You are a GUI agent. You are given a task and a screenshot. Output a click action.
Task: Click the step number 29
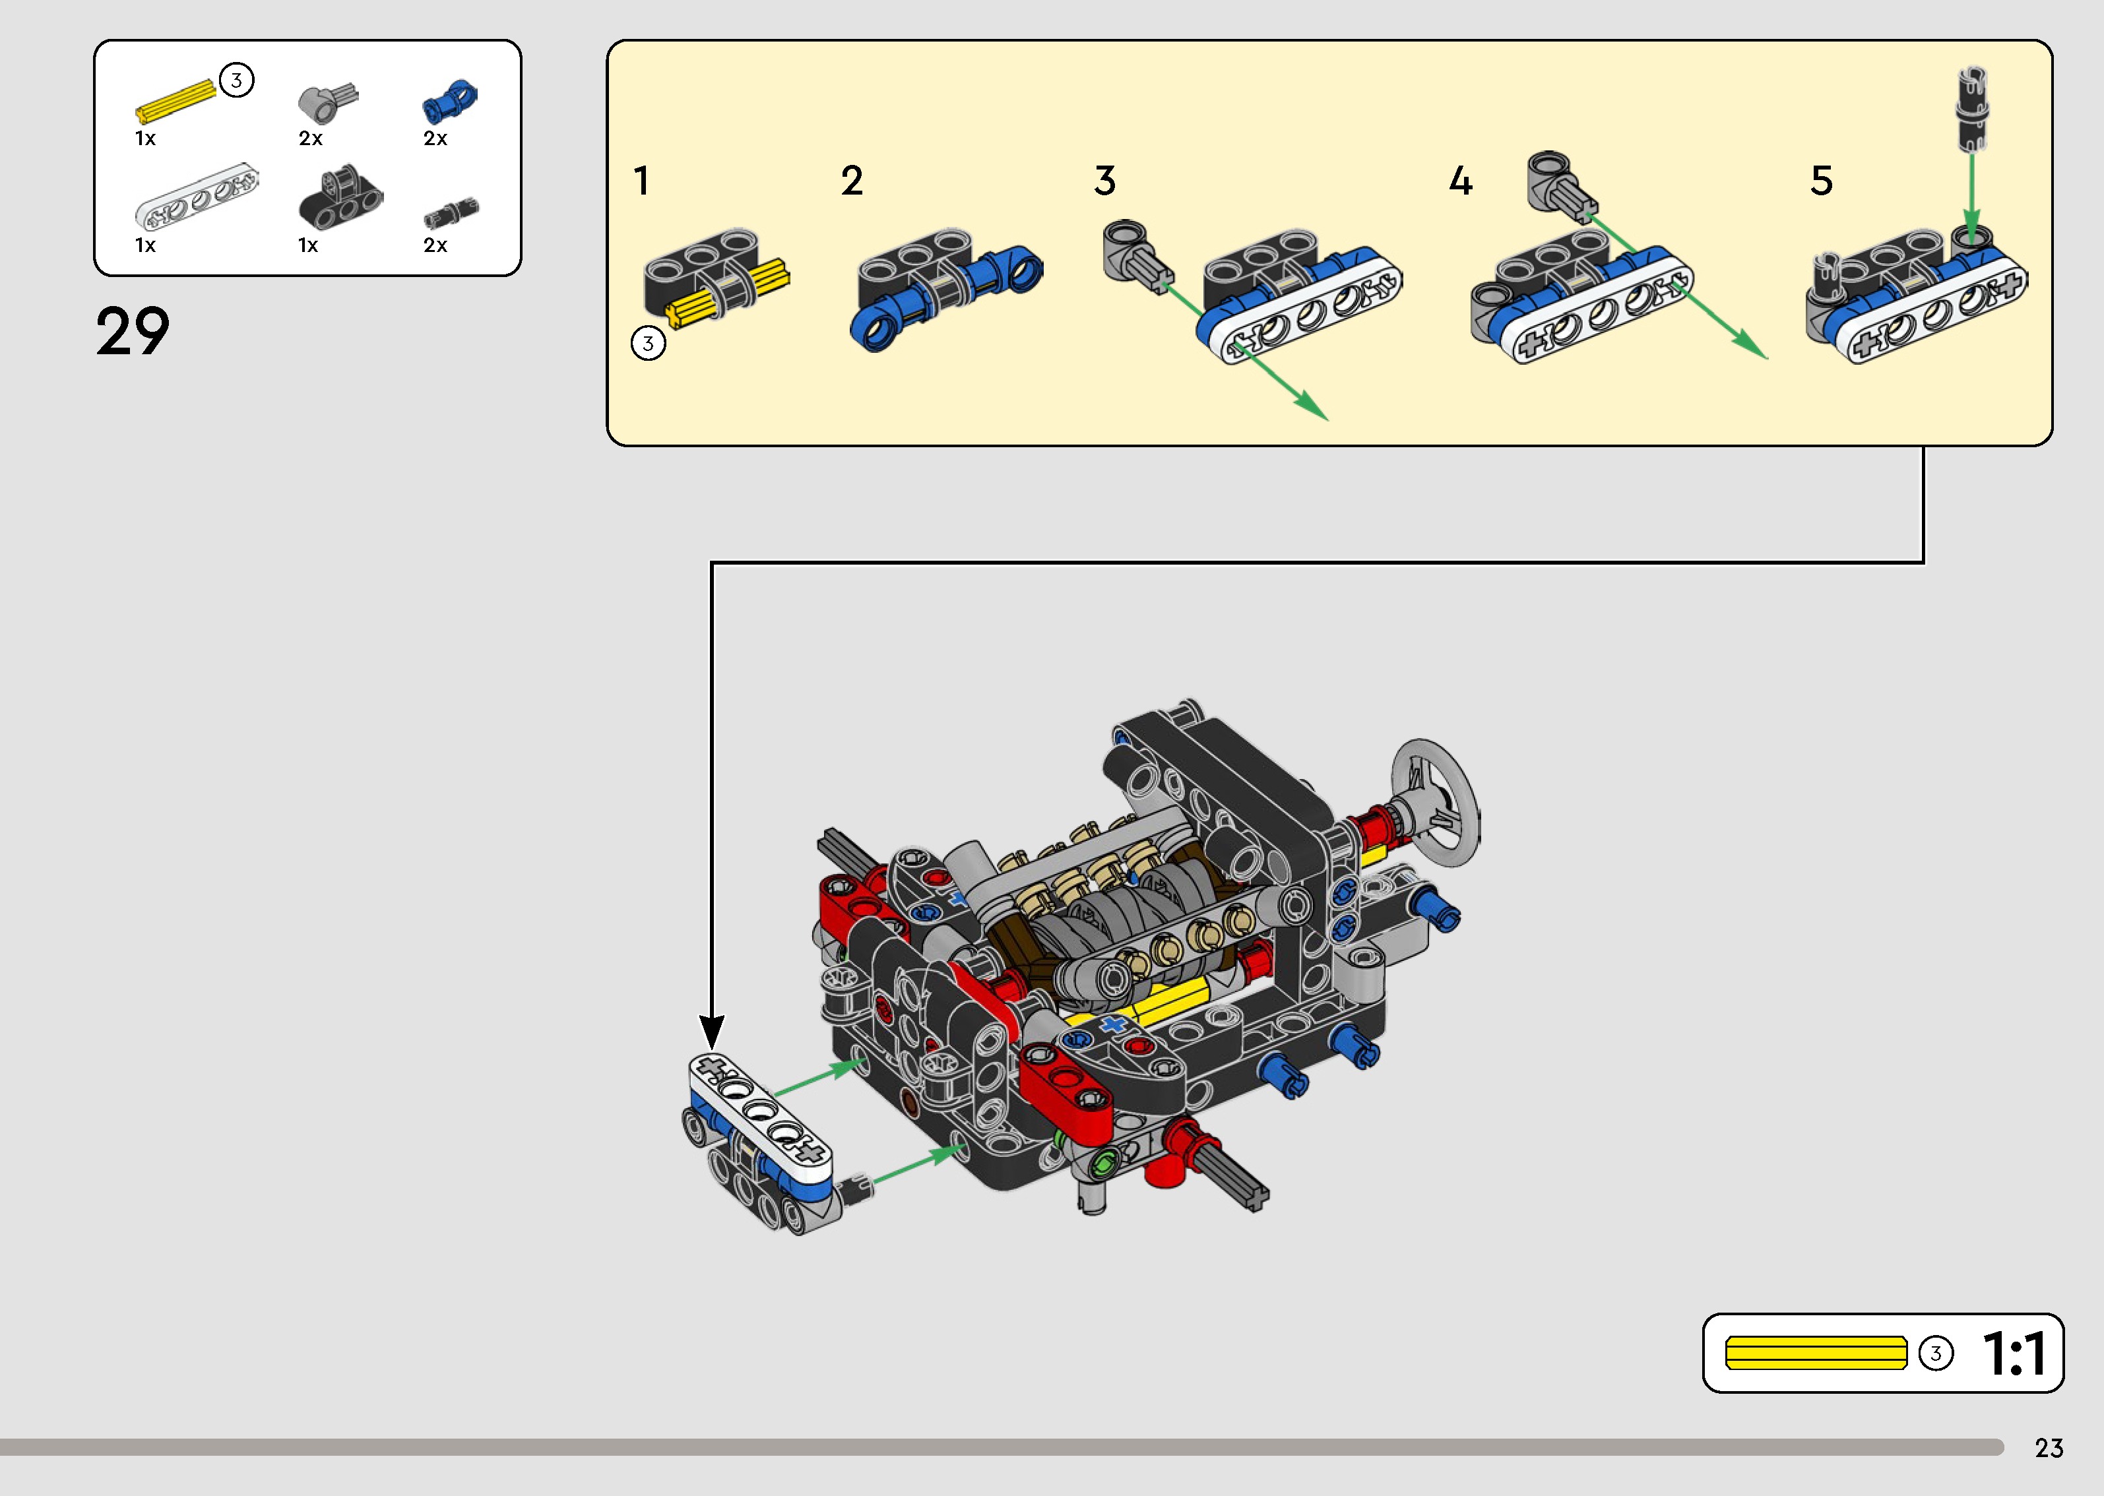coord(133,332)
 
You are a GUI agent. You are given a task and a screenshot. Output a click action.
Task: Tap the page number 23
coord(2049,1448)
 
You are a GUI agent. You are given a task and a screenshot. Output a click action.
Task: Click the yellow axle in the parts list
coord(175,100)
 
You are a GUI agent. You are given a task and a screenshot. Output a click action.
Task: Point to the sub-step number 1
coord(642,181)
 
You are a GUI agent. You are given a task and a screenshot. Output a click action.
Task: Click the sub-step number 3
coord(1104,181)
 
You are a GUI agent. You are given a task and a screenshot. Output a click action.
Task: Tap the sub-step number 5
coord(1821,181)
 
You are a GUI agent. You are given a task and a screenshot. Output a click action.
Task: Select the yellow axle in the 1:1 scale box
coord(1816,1354)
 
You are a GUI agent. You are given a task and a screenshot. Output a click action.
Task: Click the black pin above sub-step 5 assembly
coord(1971,109)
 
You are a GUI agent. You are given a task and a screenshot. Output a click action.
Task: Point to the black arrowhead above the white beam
coord(711,1031)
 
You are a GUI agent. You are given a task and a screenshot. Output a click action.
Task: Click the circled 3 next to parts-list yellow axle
coord(237,80)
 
